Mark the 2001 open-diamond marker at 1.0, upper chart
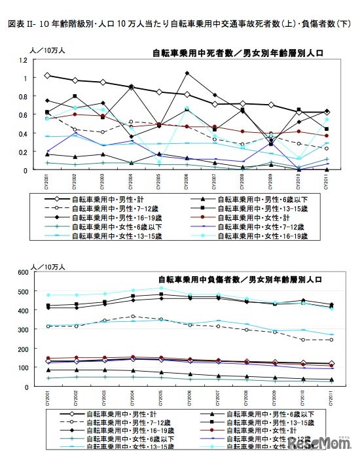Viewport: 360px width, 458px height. [46, 76]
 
